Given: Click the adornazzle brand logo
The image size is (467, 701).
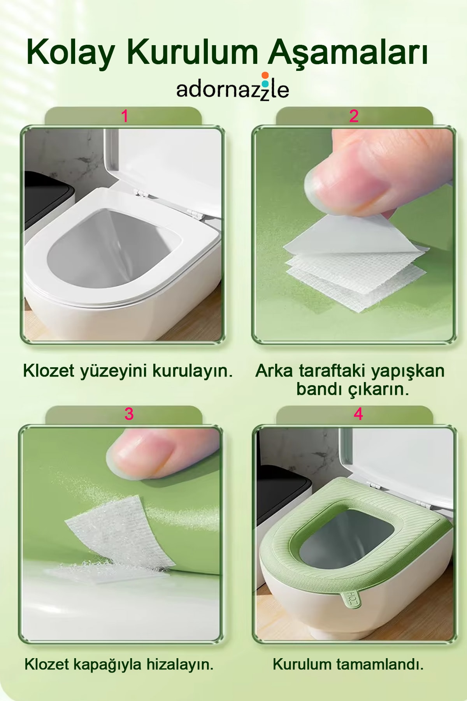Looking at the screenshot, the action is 233,87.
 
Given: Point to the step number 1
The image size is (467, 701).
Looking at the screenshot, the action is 125,116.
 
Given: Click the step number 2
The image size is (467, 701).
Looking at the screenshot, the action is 354,116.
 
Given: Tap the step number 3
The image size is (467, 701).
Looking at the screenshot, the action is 129,414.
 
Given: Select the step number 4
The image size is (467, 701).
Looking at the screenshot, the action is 358,414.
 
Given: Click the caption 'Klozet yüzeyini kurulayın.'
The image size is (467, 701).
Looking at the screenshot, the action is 128,371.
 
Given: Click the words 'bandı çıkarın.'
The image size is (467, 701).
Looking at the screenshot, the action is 353,389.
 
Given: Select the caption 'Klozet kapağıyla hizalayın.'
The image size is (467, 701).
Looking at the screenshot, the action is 119,664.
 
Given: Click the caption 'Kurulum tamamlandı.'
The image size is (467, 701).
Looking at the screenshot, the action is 348,664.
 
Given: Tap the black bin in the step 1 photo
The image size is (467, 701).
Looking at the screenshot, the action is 47,203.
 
